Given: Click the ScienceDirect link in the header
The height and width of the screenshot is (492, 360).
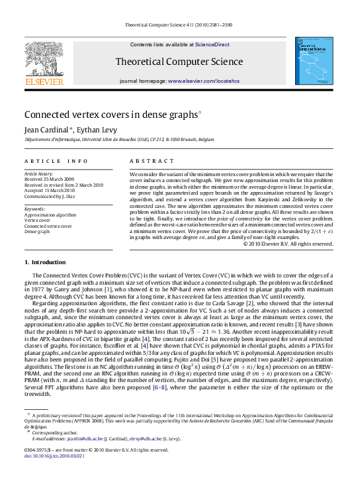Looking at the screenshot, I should coord(212,44).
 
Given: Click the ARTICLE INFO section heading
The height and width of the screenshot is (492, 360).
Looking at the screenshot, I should coord(56,161).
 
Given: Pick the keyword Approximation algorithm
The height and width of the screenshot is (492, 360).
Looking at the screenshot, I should coord(50,215).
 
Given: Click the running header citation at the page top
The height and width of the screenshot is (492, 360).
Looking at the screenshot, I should coord(179,26).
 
